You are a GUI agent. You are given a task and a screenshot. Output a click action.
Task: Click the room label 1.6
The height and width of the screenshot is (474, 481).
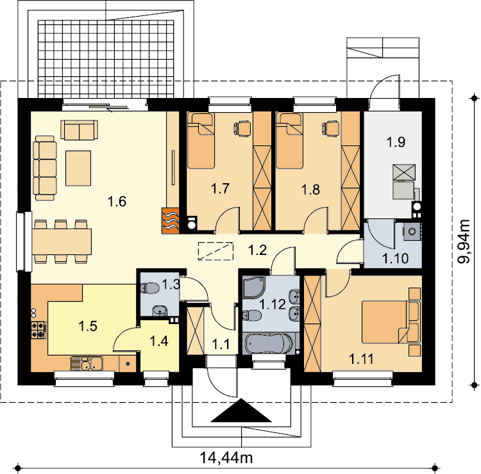click(117, 202)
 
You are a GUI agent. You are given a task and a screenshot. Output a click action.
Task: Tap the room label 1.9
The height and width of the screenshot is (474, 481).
click(396, 142)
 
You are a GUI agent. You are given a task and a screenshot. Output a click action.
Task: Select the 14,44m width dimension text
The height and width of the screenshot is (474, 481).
click(226, 458)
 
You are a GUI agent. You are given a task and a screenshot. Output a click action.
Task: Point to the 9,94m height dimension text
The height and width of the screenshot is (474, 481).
click(464, 241)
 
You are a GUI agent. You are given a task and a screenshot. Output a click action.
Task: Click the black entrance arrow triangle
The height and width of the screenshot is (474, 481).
click(241, 411)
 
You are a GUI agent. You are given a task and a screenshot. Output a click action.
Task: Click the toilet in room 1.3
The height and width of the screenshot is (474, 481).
click(149, 288)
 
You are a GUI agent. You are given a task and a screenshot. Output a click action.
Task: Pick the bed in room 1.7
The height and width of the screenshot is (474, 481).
click(201, 141)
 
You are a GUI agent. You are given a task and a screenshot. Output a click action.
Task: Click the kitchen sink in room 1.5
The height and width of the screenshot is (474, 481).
click(87, 363)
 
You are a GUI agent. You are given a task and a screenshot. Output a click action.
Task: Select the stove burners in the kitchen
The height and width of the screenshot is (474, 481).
click(38, 330)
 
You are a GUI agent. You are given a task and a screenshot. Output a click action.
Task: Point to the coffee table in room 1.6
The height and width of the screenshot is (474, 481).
click(78, 168)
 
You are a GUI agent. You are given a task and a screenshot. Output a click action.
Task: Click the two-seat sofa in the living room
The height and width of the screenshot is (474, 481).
click(79, 130)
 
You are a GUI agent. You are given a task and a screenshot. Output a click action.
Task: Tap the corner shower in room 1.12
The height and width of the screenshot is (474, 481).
click(254, 287)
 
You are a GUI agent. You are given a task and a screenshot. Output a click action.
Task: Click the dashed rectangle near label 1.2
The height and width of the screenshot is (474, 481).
click(215, 251)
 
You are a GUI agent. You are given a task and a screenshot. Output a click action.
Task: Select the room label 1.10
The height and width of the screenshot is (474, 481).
click(396, 258)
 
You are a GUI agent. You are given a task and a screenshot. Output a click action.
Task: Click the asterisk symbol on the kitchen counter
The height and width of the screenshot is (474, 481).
click(128, 364)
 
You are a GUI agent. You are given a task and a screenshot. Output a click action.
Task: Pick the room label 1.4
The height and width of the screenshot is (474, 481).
click(159, 341)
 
